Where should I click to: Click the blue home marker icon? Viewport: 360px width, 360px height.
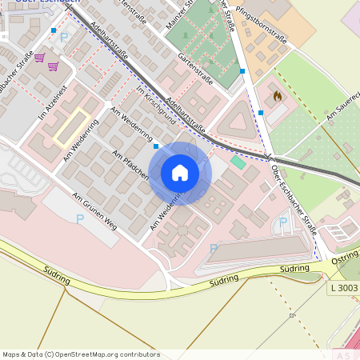pyautogui.click(x=180, y=173)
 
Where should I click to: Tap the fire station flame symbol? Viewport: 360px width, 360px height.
pyautogui.click(x=277, y=96)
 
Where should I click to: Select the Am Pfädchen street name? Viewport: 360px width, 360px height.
pyautogui.click(x=130, y=164)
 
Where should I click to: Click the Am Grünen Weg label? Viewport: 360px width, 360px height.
pyautogui.click(x=94, y=211)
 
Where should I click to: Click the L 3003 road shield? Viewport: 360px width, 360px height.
pyautogui.click(x=344, y=287)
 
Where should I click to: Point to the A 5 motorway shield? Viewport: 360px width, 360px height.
pyautogui.click(x=344, y=354)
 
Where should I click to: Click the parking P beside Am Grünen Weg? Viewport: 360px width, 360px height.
pyautogui.click(x=79, y=218)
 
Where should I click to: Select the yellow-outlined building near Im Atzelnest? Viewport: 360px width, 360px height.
pyautogui.click(x=70, y=126)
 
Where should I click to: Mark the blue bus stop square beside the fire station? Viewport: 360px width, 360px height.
pyautogui.click(x=261, y=113)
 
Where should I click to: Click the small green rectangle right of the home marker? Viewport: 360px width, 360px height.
pyautogui.click(x=238, y=162)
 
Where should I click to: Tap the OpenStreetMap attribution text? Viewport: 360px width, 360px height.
pyautogui.click(x=81, y=354)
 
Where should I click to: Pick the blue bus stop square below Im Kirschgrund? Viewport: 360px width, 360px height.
pyautogui.click(x=156, y=146)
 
